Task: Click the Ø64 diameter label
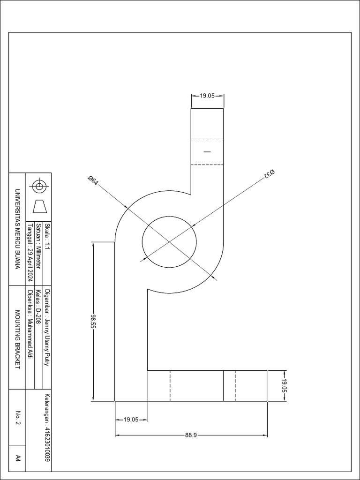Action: coord(93,180)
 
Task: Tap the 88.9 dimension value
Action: coord(190,435)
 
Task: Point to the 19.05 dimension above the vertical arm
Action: coord(207,96)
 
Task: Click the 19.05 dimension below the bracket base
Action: coord(131,420)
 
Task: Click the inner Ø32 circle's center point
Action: coord(169,242)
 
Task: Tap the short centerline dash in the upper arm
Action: coord(207,151)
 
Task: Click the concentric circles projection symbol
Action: coord(39,186)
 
